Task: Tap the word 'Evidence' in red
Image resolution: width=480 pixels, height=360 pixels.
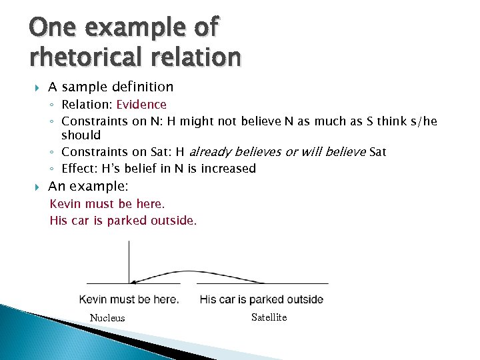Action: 141,105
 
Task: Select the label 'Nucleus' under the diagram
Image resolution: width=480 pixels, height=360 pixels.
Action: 107,318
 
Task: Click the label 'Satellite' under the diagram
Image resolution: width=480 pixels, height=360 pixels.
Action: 269,317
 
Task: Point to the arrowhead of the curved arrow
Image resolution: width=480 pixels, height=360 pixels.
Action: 134,283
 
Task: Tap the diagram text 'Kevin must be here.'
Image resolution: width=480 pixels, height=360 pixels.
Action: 129,299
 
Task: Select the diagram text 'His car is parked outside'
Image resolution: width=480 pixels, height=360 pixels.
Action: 261,299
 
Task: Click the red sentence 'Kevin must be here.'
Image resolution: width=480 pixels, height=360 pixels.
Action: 107,203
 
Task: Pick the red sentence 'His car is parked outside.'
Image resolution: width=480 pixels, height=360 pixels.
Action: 123,221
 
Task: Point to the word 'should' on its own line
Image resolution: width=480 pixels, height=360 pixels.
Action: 81,135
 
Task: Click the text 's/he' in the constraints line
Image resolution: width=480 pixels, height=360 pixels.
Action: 424,121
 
